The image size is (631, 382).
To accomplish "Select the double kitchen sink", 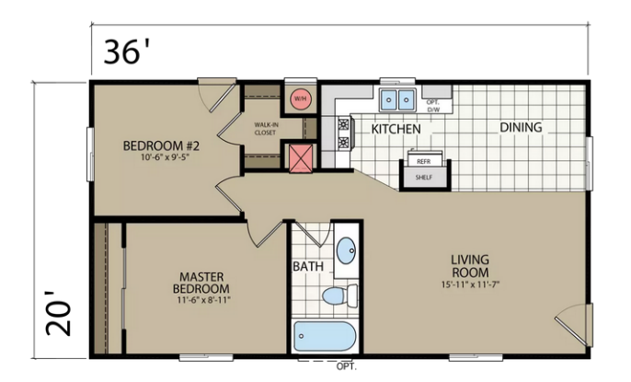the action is (397, 99).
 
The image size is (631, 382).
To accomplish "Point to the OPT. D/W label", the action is (433, 106).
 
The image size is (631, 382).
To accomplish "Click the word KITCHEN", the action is (396, 129).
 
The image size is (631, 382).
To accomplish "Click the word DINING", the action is (521, 128).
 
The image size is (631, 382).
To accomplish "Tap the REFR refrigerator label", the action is (424, 161).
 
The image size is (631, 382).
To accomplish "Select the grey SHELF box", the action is (424, 178).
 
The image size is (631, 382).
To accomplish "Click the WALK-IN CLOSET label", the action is (266, 128).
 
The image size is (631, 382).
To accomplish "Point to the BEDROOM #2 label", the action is (161, 145).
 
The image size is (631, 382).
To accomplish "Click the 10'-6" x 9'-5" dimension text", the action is (165, 157).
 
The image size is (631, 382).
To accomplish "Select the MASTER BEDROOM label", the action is (201, 283).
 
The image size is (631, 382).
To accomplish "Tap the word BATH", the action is (308, 266).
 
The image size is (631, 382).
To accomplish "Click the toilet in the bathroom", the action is (340, 295).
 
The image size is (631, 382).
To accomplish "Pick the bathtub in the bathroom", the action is (325, 336).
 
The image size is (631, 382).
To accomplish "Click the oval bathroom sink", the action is (346, 250).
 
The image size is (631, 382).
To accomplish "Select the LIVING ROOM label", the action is (470, 266).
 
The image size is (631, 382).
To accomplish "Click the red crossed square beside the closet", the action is (301, 157).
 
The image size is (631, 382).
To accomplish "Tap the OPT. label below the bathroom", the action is (347, 366).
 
